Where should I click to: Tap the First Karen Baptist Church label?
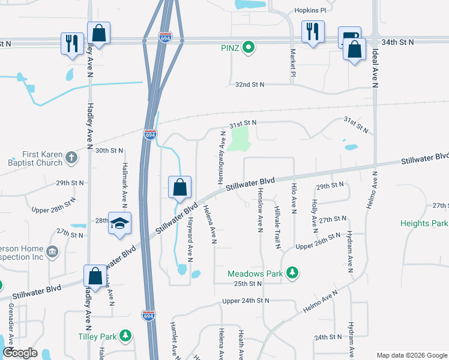tap(35, 158)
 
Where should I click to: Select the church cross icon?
tap(71, 158)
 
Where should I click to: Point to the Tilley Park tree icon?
tap(125, 335)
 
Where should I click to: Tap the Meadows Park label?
tap(255, 274)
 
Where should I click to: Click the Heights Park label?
tap(424, 223)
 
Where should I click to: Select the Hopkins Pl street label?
tap(309, 11)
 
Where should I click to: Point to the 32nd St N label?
tap(250, 85)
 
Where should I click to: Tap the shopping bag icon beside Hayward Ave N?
tap(179, 188)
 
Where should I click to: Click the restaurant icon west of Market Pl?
tap(312, 31)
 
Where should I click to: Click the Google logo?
tap(20, 353)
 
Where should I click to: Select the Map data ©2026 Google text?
tap(411, 355)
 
